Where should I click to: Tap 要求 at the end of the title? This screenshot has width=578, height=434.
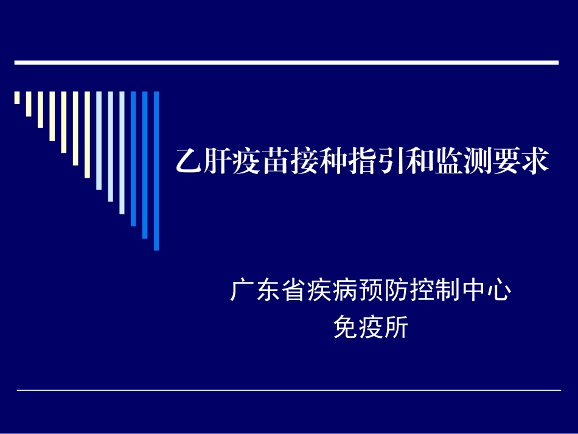pos(520,162)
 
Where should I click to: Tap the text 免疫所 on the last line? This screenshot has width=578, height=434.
pos(371,328)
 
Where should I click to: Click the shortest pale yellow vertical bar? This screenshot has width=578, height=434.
pos(17,97)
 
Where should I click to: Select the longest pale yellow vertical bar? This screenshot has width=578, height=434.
pos(87,134)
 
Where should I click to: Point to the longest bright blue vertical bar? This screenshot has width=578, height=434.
pos(156,170)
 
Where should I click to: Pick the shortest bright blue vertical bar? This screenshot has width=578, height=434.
pos(133,158)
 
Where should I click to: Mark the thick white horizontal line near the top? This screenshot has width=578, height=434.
pos(286,62)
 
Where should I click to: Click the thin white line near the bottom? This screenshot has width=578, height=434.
pos(288,390)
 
